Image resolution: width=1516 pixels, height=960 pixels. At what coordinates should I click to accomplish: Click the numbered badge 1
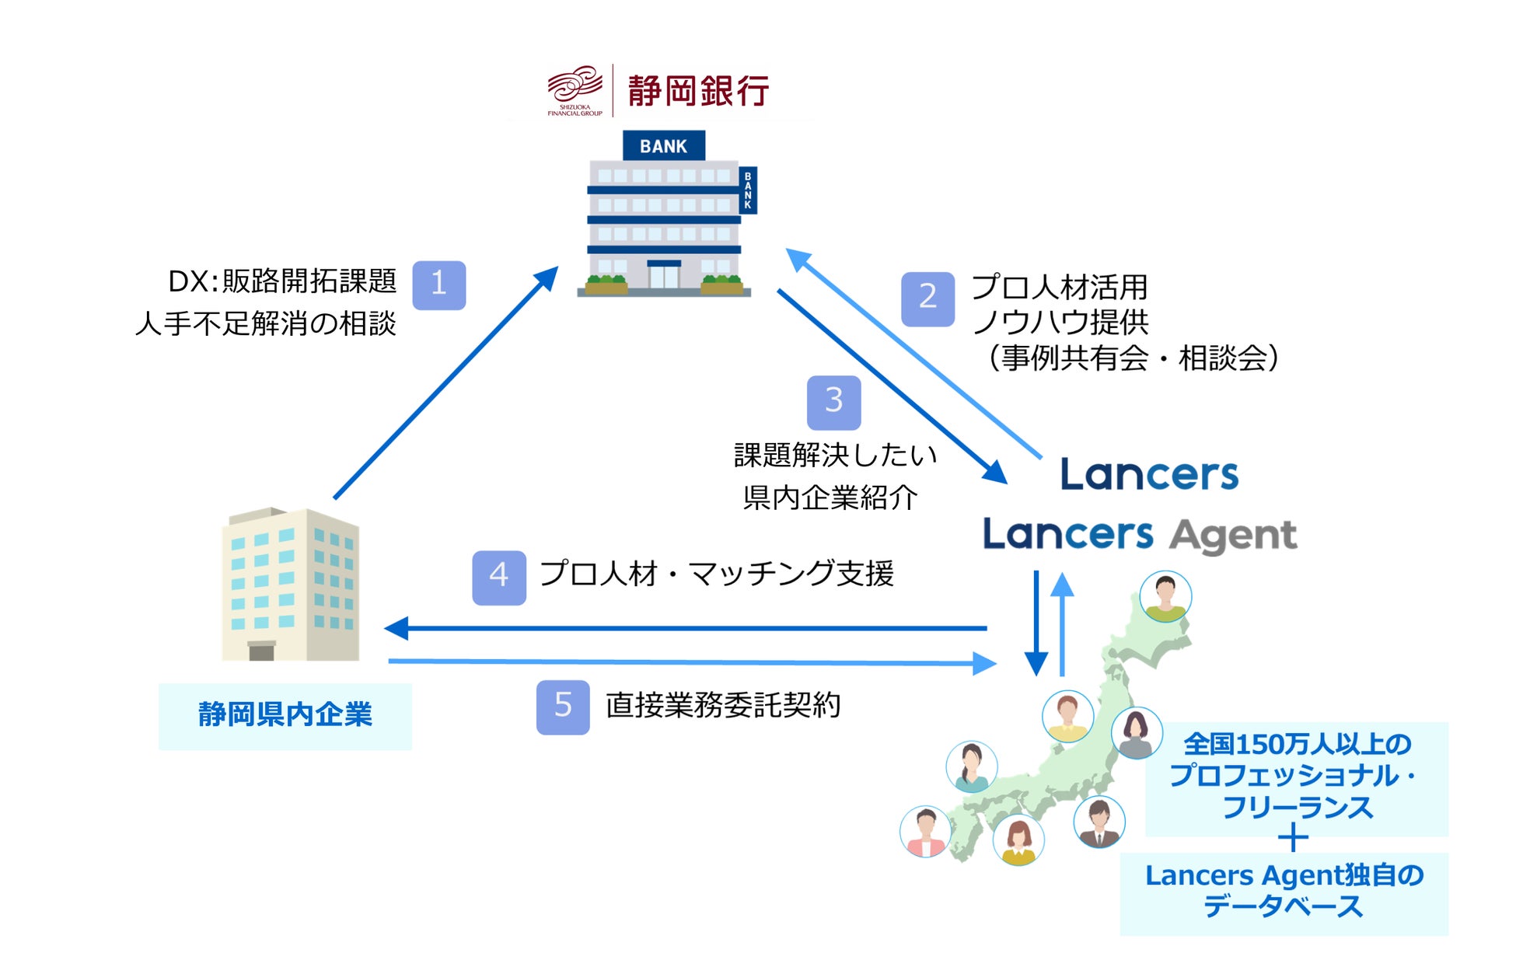tap(438, 285)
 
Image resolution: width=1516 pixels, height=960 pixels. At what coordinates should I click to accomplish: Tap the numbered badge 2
tap(927, 298)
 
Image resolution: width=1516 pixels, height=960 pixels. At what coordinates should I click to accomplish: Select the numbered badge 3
tap(833, 402)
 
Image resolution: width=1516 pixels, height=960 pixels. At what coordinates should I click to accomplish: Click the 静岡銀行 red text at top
tap(697, 91)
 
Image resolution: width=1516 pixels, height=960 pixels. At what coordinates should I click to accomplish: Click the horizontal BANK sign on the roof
tap(663, 146)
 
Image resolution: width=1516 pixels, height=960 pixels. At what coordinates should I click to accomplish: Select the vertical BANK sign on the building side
tap(747, 190)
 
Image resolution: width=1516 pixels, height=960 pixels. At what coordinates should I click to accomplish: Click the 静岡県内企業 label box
tap(285, 716)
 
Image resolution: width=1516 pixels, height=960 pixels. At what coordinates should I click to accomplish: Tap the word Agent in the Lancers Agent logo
tap(1233, 536)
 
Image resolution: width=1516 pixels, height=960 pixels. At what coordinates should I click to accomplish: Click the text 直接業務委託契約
tap(722, 706)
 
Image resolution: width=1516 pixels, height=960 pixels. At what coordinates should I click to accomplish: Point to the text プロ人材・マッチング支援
tap(716, 574)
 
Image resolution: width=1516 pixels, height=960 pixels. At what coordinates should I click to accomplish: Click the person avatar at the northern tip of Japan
tap(1165, 596)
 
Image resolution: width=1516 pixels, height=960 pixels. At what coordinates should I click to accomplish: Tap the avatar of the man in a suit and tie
tap(1099, 822)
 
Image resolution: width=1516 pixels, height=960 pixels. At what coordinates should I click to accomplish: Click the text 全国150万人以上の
tap(1297, 744)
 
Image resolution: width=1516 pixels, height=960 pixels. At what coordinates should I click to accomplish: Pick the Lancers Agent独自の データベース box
tap(1284, 892)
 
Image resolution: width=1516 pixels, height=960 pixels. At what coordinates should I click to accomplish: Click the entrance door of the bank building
tap(663, 276)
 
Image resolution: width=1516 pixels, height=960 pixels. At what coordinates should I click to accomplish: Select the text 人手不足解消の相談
tap(265, 324)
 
